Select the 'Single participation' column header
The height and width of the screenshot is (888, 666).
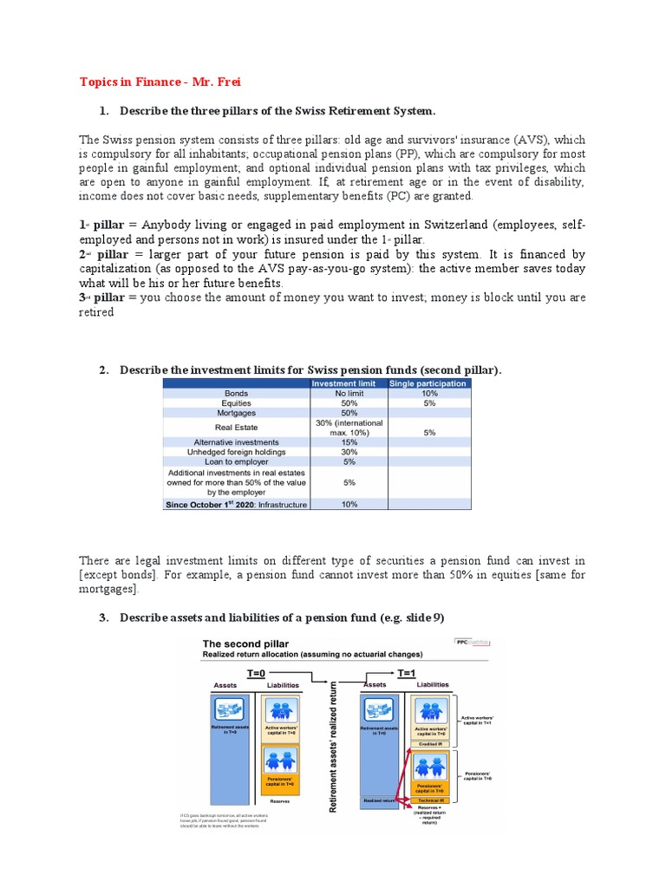tap(429, 382)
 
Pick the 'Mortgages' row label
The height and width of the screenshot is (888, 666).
tap(237, 413)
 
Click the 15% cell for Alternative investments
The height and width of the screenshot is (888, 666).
tap(349, 441)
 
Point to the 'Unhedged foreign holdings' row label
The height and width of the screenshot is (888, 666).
tap(237, 452)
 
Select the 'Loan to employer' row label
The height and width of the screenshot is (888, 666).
tap(237, 461)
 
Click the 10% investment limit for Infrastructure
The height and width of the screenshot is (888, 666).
tap(349, 504)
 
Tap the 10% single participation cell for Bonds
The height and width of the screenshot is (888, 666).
tap(429, 393)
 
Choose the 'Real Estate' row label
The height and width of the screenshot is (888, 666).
tap(237, 427)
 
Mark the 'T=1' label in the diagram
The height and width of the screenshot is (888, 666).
tap(406, 671)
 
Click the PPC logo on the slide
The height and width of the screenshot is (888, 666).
tap(472, 643)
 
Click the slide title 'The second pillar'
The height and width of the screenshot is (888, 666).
tap(245, 644)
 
